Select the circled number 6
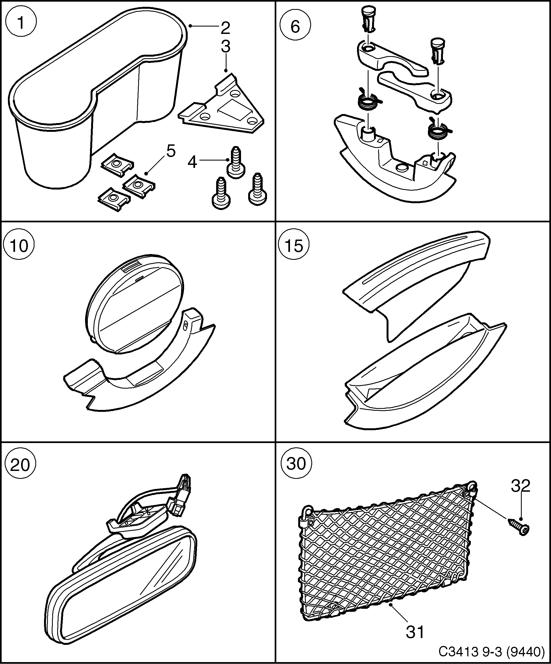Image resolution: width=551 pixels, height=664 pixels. (295, 26)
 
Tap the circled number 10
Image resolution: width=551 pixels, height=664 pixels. (19, 246)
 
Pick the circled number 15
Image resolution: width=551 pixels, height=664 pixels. (294, 246)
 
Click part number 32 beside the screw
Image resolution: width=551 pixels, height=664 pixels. (520, 486)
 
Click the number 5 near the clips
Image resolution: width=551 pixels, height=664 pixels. (171, 151)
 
